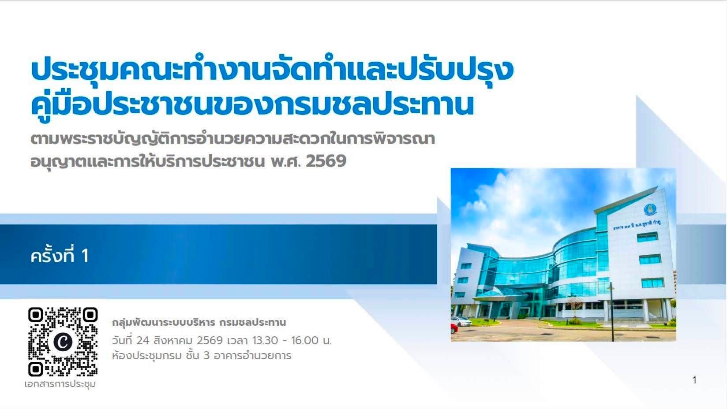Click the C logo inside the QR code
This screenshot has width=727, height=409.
click(63, 342)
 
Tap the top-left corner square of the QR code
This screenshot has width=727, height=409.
click(36, 315)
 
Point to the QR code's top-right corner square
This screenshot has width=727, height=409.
click(90, 315)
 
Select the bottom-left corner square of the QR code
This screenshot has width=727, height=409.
click(36, 369)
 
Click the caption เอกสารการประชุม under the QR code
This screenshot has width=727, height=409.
click(60, 384)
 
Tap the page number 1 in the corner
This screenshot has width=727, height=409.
click(694, 380)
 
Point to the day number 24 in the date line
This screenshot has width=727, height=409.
click(143, 340)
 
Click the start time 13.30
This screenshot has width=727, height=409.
click(265, 340)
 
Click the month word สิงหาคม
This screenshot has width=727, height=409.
click(173, 340)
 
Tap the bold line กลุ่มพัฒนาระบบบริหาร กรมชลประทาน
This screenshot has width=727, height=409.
click(199, 323)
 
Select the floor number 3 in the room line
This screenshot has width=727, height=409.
click(206, 356)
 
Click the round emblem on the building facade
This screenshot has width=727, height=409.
click(650, 210)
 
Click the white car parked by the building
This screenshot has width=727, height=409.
click(461, 321)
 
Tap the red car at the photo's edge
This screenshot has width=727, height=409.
click(454, 328)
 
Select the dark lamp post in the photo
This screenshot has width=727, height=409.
click(612, 311)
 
